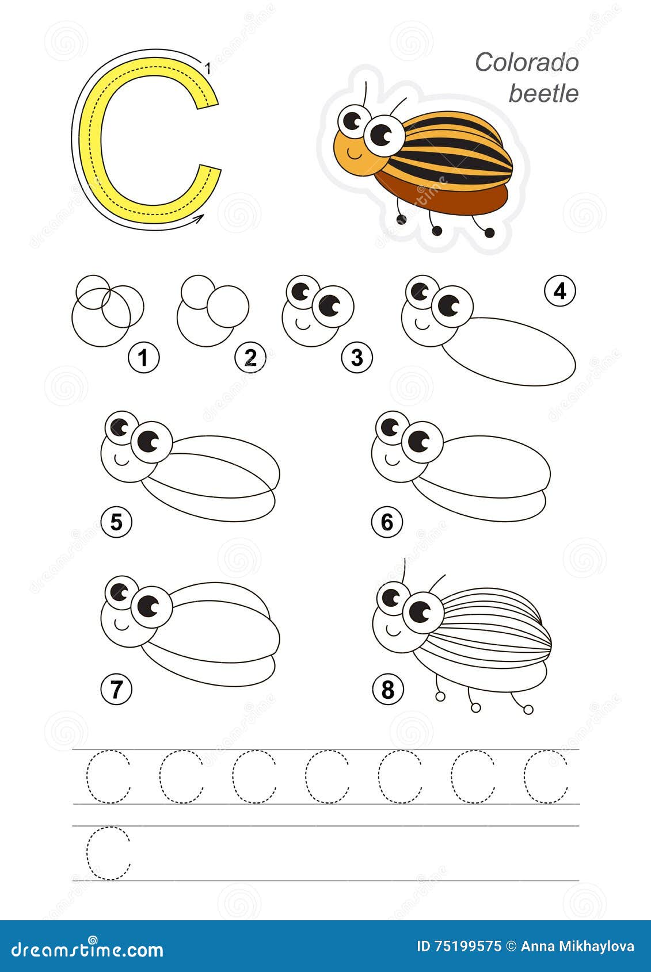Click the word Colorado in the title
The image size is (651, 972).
pyautogui.click(x=526, y=62)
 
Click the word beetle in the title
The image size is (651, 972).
pyautogui.click(x=543, y=93)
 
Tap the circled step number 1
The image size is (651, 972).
pyautogui.click(x=143, y=357)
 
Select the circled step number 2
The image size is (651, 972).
pyautogui.click(x=250, y=357)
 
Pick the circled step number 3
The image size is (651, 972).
pyautogui.click(x=357, y=357)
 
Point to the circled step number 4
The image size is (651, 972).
pyautogui.click(x=559, y=292)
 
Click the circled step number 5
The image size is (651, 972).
pyautogui.click(x=116, y=522)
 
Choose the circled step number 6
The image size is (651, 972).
pyautogui.click(x=387, y=522)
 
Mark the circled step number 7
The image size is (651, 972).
pyautogui.click(x=116, y=688)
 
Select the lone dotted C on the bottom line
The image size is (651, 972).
pyautogui.click(x=109, y=853)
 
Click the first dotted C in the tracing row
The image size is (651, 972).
pyautogui.click(x=109, y=776)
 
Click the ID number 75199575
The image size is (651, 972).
pyautogui.click(x=465, y=946)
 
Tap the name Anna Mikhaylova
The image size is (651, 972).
pyautogui.click(x=577, y=946)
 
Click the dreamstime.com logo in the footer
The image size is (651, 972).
pyautogui.click(x=87, y=948)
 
